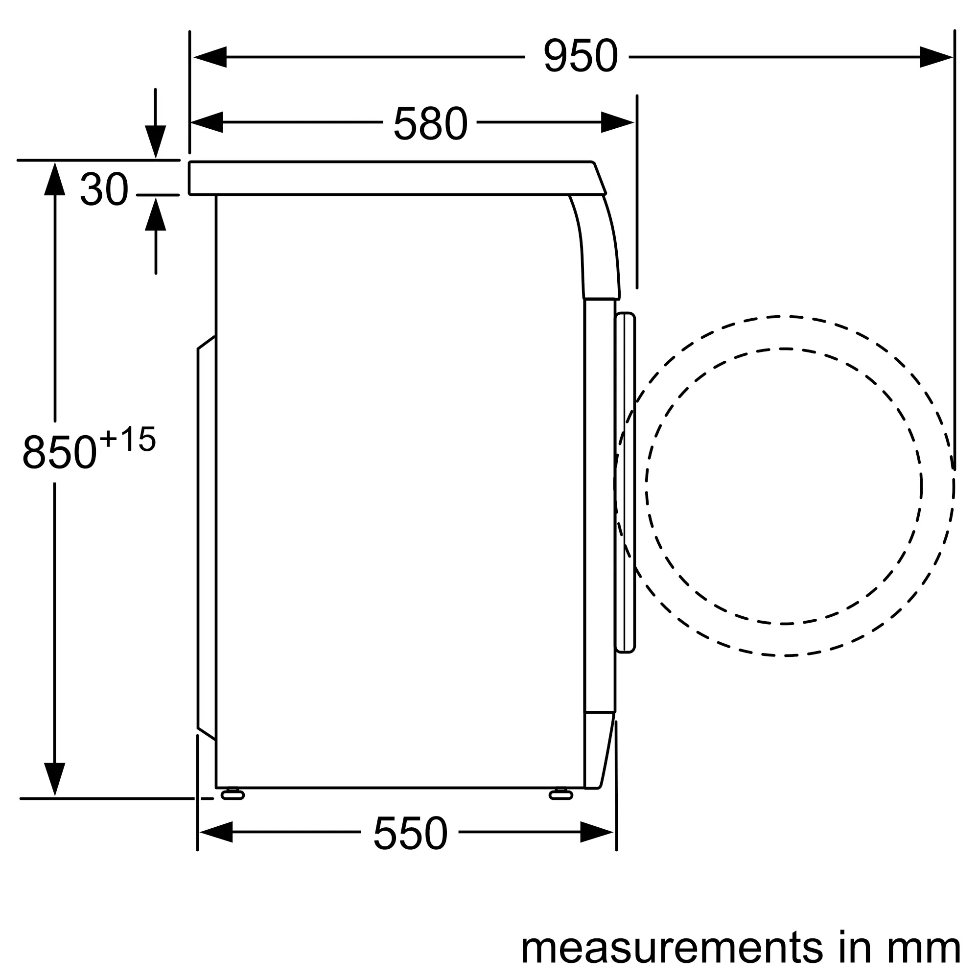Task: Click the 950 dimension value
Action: pos(580,56)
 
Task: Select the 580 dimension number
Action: pos(430,123)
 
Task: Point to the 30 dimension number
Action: pos(104,189)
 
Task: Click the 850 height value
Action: pos(59,451)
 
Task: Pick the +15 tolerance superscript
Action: pos(128,439)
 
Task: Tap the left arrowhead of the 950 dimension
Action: pos(210,57)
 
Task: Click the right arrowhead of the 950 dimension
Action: pos(936,57)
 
